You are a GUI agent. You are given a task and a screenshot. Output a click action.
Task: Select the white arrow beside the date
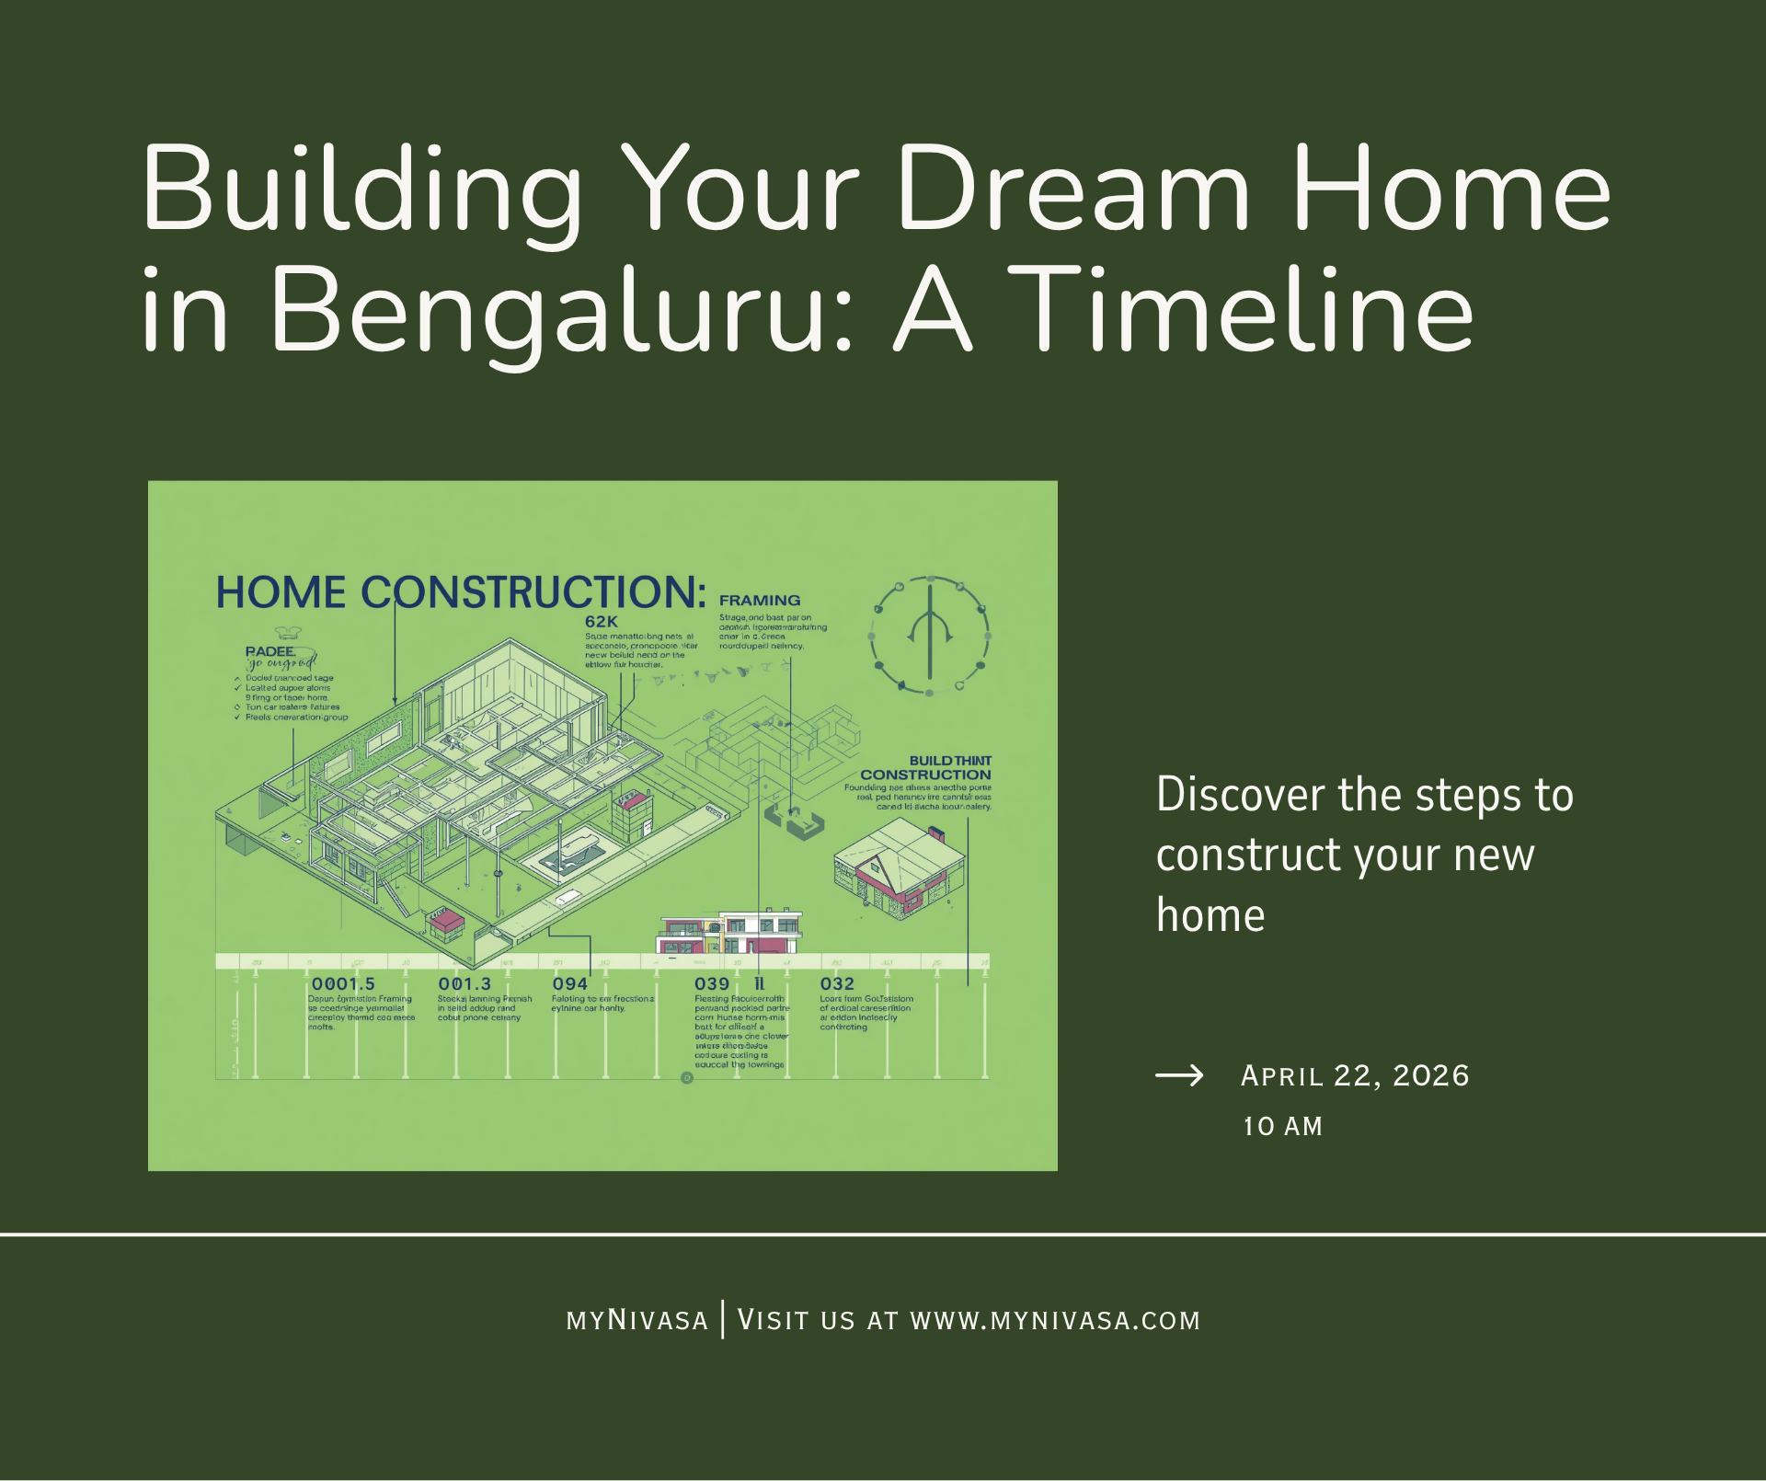(x=1179, y=1075)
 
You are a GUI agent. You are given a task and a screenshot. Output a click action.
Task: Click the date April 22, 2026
(x=1355, y=1075)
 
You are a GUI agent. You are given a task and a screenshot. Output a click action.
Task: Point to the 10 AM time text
(x=1282, y=1126)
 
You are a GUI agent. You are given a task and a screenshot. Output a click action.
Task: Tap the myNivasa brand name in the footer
(x=637, y=1321)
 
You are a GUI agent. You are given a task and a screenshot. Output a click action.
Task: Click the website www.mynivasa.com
(x=1055, y=1321)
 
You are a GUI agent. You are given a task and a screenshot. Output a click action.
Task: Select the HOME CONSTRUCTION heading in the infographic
(x=461, y=592)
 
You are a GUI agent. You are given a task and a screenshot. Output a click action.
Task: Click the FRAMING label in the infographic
(x=760, y=600)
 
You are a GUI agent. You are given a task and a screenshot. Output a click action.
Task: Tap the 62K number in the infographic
(x=602, y=622)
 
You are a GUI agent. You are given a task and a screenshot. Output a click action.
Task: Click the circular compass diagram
(x=930, y=636)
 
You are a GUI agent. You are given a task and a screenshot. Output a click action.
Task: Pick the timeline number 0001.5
(x=343, y=983)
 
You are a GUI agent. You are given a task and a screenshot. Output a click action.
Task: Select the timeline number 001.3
(x=464, y=983)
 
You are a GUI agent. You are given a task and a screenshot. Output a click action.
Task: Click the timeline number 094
(x=569, y=983)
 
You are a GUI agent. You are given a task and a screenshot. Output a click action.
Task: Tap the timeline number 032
(x=837, y=983)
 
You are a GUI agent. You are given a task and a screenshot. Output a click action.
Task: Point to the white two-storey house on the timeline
(x=731, y=932)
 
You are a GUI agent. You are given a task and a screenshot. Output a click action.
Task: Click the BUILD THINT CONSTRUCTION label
(x=926, y=768)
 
